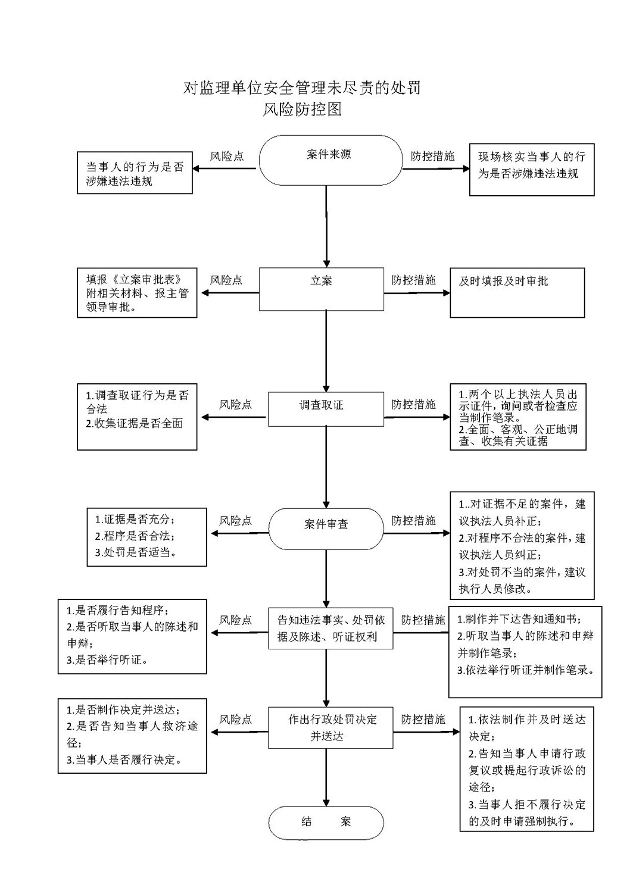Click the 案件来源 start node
[330, 160]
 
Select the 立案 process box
[322, 289]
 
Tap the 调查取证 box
[326, 409]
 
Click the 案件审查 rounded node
[326, 529]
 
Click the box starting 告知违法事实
[330, 628]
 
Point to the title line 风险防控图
[302, 109]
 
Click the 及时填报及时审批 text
[503, 281]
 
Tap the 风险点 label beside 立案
[226, 280]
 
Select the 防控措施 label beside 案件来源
[433, 156]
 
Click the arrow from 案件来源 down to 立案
[326, 226]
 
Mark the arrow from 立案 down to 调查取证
[326, 351]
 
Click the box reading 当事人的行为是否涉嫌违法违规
[135, 173]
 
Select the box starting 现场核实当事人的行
[532, 170]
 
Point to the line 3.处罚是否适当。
[136, 552]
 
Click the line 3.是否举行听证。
[107, 659]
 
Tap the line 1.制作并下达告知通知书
[519, 619]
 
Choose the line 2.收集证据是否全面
[134, 423]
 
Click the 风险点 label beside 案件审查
[236, 520]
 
